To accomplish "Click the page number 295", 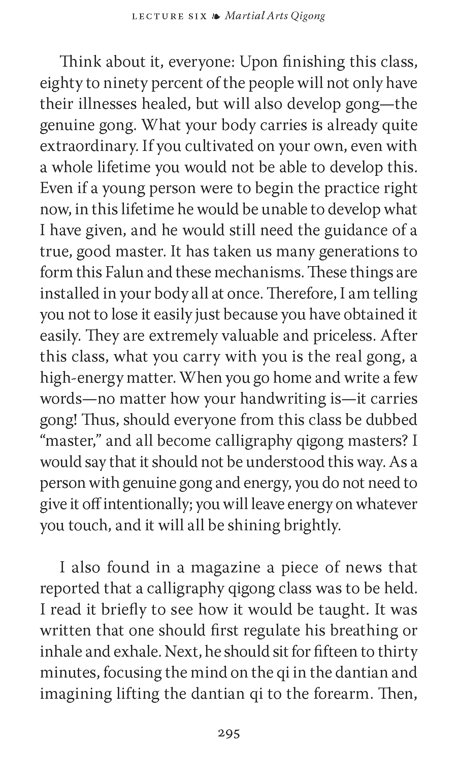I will pos(229,733).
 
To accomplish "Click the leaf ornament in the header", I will pos(216,16).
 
